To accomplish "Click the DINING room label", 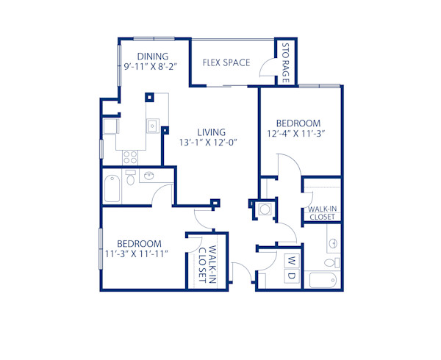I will coord(153,56).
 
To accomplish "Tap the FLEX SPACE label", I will coord(226,62).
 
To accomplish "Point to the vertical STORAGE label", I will coord(286,62).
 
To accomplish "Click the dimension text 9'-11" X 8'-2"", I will coord(151,67).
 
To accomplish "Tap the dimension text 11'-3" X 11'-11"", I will coord(137,254).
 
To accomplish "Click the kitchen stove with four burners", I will coord(131,156).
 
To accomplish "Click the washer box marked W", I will coord(290,262).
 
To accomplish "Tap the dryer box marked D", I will coord(290,276).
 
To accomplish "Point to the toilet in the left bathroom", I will coord(131,179).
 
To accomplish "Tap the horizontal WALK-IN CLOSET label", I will coord(322,213).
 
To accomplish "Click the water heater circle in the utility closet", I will coord(265,209).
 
